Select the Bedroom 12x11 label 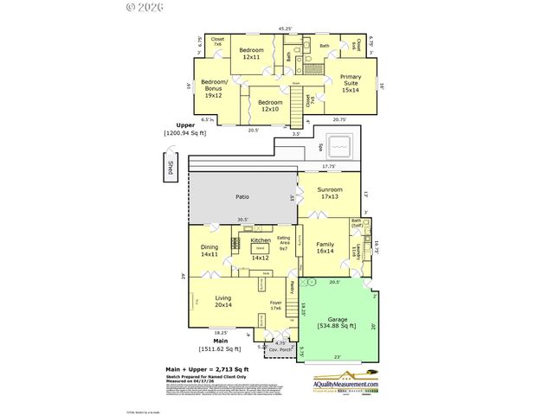pyautogui.click(x=251, y=54)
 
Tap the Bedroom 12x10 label pyautogui.click(x=269, y=105)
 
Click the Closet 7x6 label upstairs pyautogui.click(x=217, y=41)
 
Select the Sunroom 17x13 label pyautogui.click(x=329, y=193)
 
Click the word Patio pyautogui.click(x=242, y=197)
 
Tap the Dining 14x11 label pyautogui.click(x=209, y=251)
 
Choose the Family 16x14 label pyautogui.click(x=324, y=248)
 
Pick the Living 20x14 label pyautogui.click(x=222, y=301)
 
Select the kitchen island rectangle pyautogui.click(x=258, y=249)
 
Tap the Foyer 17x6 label pyautogui.click(x=276, y=305)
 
